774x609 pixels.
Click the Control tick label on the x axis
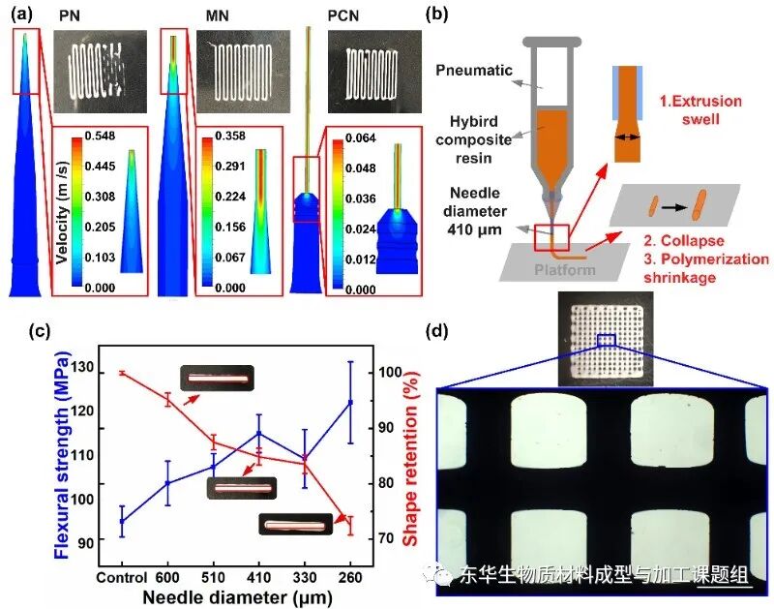(x=122, y=576)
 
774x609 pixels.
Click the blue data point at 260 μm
(x=349, y=402)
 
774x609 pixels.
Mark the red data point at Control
(x=122, y=373)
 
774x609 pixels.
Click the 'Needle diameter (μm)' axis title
(x=235, y=594)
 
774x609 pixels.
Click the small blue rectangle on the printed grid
(x=607, y=339)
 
